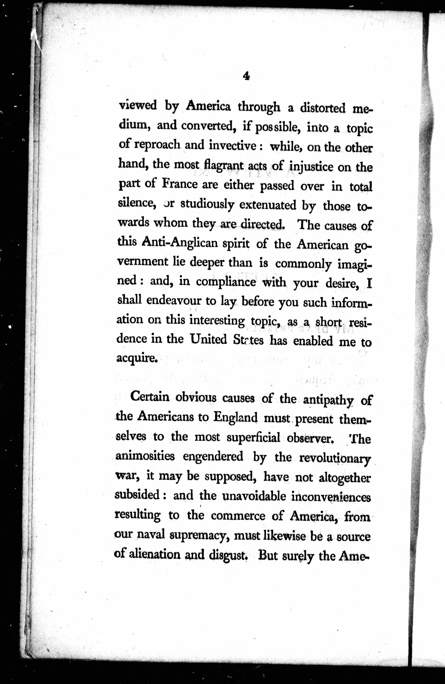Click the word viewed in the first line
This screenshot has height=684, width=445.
[x=138, y=105]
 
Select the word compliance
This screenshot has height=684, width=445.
[x=226, y=282]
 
